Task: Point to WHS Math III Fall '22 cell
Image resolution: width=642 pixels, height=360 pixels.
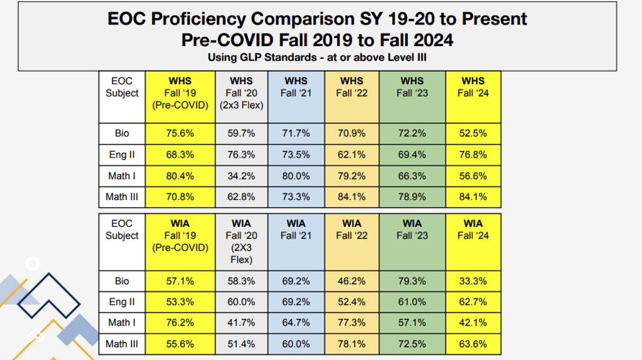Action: (x=352, y=197)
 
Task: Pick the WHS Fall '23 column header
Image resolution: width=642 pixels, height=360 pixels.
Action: (x=411, y=86)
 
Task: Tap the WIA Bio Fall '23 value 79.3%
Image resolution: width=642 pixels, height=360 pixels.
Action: (x=411, y=280)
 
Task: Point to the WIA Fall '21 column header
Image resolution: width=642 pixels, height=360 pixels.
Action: (x=295, y=230)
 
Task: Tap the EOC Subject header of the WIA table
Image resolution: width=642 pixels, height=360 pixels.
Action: (x=122, y=230)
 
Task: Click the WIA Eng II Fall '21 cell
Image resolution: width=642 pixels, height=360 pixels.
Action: (x=295, y=301)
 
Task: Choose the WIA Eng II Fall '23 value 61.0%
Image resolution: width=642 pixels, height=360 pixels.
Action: (x=411, y=301)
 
